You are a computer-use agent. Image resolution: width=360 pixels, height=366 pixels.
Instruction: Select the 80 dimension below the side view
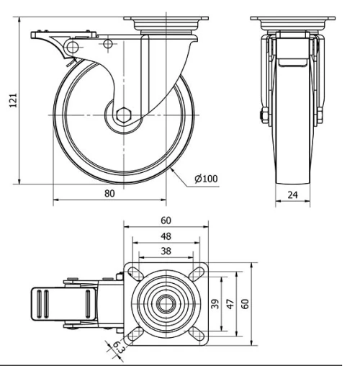pyautogui.click(x=109, y=193)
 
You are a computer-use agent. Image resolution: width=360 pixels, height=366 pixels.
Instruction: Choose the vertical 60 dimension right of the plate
pyautogui.click(x=246, y=303)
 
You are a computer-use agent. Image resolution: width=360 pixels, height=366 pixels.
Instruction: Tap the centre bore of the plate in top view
pyautogui.click(x=166, y=303)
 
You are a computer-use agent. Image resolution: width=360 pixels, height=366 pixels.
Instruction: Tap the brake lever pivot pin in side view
pyautogui.click(x=71, y=48)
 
